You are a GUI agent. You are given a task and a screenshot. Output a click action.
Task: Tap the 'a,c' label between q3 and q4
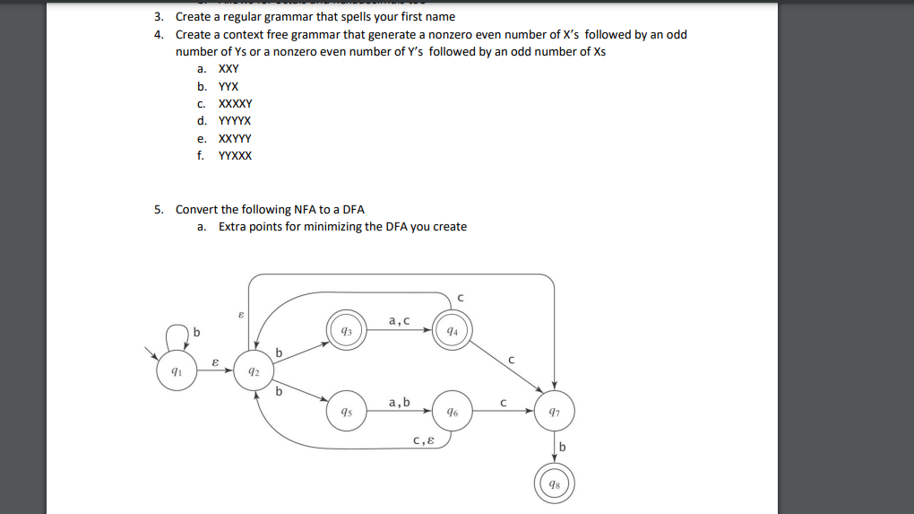(399, 320)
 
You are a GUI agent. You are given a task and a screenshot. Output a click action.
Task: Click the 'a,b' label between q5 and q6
(399, 402)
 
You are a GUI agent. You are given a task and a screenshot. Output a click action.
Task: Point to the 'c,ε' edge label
(424, 440)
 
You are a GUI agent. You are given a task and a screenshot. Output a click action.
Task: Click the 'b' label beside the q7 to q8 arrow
(563, 447)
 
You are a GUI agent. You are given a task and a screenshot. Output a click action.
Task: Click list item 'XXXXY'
(236, 103)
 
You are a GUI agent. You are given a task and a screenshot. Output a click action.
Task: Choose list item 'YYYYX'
(236, 121)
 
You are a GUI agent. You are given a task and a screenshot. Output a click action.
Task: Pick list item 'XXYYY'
(236, 138)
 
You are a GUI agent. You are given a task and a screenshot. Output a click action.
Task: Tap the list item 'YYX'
(228, 86)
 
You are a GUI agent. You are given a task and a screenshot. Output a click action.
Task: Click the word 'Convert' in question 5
(196, 209)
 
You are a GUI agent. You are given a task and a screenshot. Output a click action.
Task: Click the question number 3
(158, 16)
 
